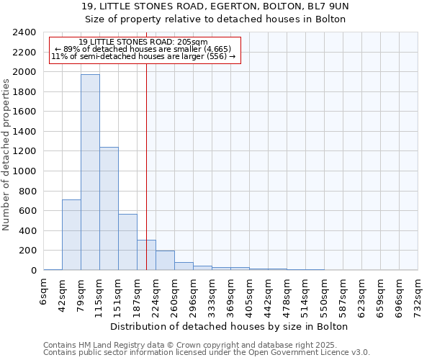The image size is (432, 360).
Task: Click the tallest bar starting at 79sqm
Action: click(90, 173)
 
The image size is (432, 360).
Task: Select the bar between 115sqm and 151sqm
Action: click(109, 209)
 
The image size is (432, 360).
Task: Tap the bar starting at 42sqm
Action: click(71, 235)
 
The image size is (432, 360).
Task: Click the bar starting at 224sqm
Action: click(165, 261)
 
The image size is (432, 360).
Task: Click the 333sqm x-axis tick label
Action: click(212, 294)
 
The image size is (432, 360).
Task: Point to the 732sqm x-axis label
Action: click(418, 294)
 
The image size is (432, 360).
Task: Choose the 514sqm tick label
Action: click(305, 294)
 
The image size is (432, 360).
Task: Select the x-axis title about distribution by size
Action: click(230, 326)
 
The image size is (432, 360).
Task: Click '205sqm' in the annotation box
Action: click(192, 42)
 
